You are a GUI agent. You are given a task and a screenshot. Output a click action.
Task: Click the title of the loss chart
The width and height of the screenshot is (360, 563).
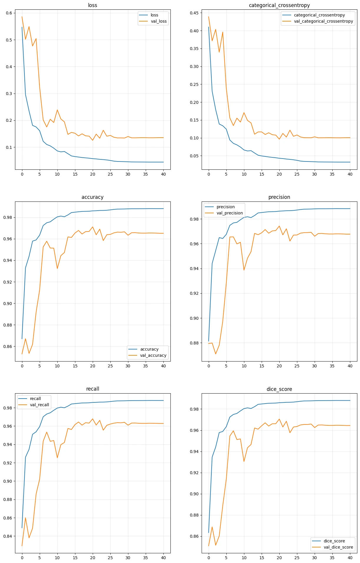click(x=92, y=5)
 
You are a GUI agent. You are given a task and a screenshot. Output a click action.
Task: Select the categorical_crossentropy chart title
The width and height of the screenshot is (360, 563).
click(x=279, y=5)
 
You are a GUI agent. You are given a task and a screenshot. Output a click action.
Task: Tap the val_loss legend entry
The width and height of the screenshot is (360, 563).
click(x=159, y=21)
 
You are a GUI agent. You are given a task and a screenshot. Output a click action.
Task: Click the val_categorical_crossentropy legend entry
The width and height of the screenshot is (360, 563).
click(x=323, y=21)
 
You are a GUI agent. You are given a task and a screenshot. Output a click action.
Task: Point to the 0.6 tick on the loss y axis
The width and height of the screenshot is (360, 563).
click(x=9, y=13)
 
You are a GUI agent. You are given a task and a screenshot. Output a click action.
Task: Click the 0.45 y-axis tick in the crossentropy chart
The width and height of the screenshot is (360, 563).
click(x=194, y=13)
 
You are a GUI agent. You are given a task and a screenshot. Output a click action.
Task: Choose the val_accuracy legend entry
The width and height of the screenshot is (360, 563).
click(x=153, y=355)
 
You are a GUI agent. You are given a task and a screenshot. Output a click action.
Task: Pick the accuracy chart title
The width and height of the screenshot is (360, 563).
click(x=92, y=197)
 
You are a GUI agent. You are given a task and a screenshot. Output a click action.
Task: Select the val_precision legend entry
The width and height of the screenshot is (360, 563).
click(x=230, y=213)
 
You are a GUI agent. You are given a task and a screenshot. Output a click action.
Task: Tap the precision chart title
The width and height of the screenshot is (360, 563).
click(x=279, y=197)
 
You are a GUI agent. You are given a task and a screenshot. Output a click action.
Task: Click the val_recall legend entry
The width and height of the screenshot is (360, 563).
click(x=39, y=405)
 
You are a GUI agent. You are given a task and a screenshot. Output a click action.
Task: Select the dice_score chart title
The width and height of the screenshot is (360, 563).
click(x=279, y=389)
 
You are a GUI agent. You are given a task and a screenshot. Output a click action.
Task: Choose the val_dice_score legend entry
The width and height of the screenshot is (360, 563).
click(x=338, y=547)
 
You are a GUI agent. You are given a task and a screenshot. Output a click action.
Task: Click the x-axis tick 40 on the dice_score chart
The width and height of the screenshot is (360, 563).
click(x=350, y=558)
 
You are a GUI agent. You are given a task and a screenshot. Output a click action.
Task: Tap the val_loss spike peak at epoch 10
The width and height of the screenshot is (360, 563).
click(x=57, y=110)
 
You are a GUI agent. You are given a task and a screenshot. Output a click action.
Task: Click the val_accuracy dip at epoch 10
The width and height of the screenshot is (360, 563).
click(x=57, y=268)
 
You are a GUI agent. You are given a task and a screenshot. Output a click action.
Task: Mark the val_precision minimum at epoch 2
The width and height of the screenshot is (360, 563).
click(x=216, y=354)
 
